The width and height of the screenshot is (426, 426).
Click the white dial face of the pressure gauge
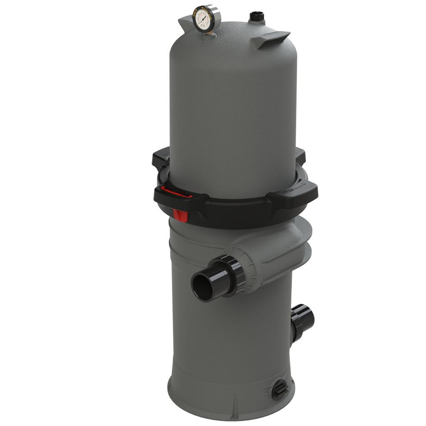[204, 19]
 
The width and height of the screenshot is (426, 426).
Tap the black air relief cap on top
[256, 16]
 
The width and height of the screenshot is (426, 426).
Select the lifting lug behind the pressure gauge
[185, 21]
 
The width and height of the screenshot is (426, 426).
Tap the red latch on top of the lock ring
[176, 192]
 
